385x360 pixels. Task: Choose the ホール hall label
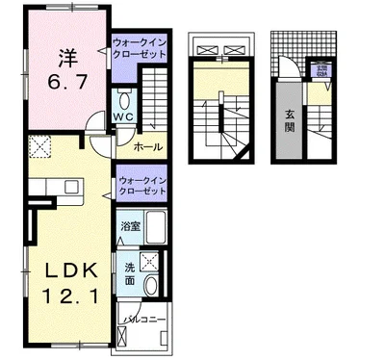click(146, 146)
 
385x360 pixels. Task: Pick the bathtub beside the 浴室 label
click(157, 229)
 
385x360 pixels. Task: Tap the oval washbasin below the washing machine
click(153, 286)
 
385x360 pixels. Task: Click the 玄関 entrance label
click(288, 124)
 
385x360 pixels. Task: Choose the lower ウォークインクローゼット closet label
click(141, 186)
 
